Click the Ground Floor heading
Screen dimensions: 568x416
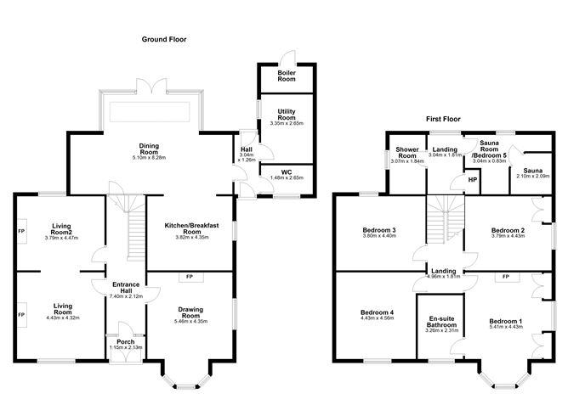point(164,39)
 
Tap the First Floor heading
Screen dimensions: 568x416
point(443,119)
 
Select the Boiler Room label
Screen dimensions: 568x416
point(287,76)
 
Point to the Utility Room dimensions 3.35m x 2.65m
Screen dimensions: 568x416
point(287,123)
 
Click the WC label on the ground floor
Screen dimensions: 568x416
point(287,171)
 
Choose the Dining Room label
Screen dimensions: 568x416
point(149,149)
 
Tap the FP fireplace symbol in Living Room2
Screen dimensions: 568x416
point(21,231)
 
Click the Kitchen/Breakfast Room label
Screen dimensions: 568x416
point(191,228)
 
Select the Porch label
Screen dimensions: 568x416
point(126,341)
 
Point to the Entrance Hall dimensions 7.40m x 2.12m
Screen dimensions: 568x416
point(126,296)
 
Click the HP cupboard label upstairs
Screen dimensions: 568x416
point(473,180)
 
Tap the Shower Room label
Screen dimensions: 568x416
point(407,152)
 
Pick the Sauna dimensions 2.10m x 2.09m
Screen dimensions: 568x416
point(532,177)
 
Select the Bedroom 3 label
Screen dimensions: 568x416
point(379,230)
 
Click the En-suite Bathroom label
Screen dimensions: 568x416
point(441,322)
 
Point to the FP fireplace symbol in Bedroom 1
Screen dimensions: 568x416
point(507,277)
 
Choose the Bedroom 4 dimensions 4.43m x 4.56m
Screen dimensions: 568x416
point(377,318)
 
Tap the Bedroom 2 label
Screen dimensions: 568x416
point(508,230)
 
